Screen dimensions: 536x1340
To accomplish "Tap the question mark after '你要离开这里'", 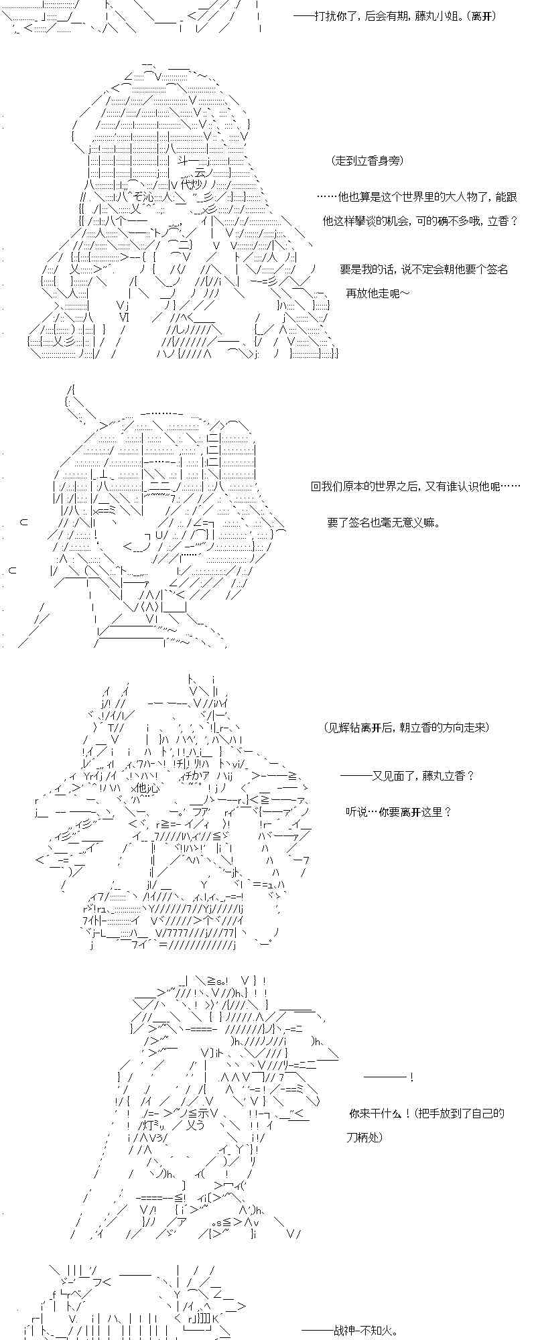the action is point(448,811).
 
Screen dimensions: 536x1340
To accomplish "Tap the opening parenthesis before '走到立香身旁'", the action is point(333,161).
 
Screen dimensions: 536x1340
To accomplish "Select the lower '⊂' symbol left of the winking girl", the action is point(13,570).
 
